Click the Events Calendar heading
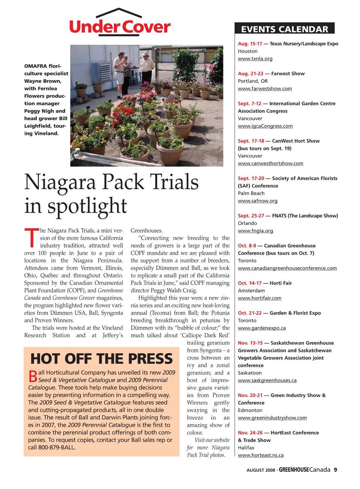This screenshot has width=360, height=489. [x=284, y=29]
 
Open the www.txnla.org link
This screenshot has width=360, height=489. [x=255, y=59]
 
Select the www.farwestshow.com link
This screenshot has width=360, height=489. [x=265, y=89]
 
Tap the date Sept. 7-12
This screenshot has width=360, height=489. [x=250, y=104]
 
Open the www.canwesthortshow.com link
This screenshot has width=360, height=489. [x=271, y=164]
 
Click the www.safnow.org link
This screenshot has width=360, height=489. [x=258, y=201]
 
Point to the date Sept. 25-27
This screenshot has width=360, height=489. [x=251, y=216]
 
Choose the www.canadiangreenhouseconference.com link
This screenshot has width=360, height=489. [x=287, y=268]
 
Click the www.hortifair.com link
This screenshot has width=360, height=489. [x=260, y=298]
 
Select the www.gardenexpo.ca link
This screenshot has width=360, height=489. [x=262, y=328]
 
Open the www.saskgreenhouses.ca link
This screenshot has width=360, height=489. [x=267, y=380]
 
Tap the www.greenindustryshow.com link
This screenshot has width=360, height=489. [x=272, y=418]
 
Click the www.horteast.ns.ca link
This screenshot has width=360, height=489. [x=261, y=455]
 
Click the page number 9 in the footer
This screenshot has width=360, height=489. [x=335, y=470]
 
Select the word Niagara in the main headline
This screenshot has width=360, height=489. [x=60, y=182]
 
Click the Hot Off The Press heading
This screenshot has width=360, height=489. [x=101, y=359]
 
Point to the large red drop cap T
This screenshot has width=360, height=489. [x=31, y=238]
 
